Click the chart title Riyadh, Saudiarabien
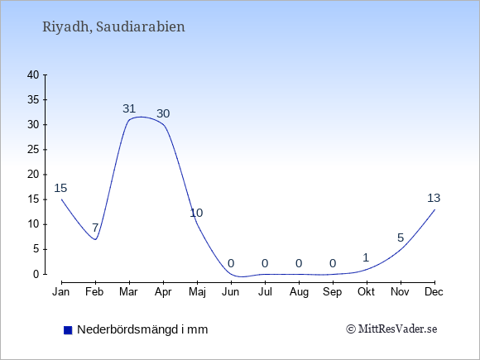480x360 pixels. pyautogui.click(x=113, y=27)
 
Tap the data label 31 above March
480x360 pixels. pyautogui.click(x=129, y=108)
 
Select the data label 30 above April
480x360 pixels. pyautogui.click(x=163, y=113)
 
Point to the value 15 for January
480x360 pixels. pyautogui.click(x=60, y=188)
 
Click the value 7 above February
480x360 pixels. pyautogui.click(x=95, y=228)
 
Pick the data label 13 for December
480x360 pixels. pyautogui.click(x=434, y=198)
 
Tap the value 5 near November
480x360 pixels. pyautogui.click(x=401, y=238)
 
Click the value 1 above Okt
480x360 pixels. pyautogui.click(x=366, y=257)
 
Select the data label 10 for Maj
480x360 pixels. pyautogui.click(x=196, y=213)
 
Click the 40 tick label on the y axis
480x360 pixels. pyautogui.click(x=33, y=74)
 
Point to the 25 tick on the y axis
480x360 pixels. pyautogui.click(x=33, y=150)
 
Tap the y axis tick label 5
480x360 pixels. pyautogui.click(x=36, y=249)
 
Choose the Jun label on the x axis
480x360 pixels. pyautogui.click(x=231, y=292)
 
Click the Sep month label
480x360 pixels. pyautogui.click(x=332, y=292)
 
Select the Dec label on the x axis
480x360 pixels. pyautogui.click(x=434, y=292)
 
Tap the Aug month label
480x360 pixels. pyautogui.click(x=299, y=292)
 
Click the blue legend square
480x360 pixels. pyautogui.click(x=68, y=330)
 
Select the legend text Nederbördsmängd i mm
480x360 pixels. pyautogui.click(x=142, y=329)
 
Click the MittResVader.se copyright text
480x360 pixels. pyautogui.click(x=391, y=329)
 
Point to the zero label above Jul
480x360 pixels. pyautogui.click(x=265, y=263)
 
